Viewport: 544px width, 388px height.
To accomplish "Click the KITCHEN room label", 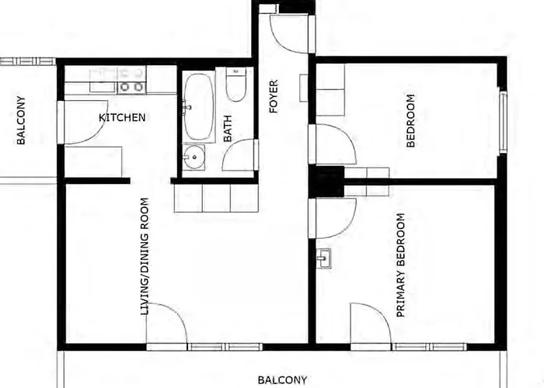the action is point(122,117).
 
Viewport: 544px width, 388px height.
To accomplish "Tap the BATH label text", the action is point(228,129).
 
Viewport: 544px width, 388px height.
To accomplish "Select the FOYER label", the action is point(274,96).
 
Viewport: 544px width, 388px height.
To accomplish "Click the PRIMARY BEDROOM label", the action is point(401,265).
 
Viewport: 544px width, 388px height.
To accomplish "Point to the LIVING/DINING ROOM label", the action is point(145,256).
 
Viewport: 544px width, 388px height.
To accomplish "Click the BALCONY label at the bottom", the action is point(282,380).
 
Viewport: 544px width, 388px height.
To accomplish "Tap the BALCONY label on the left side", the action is point(21,120).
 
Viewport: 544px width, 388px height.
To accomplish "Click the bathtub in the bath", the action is point(199,107).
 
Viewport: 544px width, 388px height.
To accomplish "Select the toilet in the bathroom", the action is point(236,84).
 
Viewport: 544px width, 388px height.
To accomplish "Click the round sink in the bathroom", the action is point(194,157).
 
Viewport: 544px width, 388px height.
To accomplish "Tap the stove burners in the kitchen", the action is point(131,86).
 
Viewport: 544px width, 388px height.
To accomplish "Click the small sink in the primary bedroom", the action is point(323,258).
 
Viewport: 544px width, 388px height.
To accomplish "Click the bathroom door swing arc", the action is point(238,155).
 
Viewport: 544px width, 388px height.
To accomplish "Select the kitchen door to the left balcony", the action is point(85,123).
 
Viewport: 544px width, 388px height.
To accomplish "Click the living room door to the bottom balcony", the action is point(166,323).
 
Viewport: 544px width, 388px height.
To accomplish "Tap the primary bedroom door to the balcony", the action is point(371,323).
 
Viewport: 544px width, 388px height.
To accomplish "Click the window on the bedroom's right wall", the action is point(503,121).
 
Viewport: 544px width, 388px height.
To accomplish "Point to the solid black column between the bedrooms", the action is point(326,182).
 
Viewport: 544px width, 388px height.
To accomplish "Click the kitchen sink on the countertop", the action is point(103,81).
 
